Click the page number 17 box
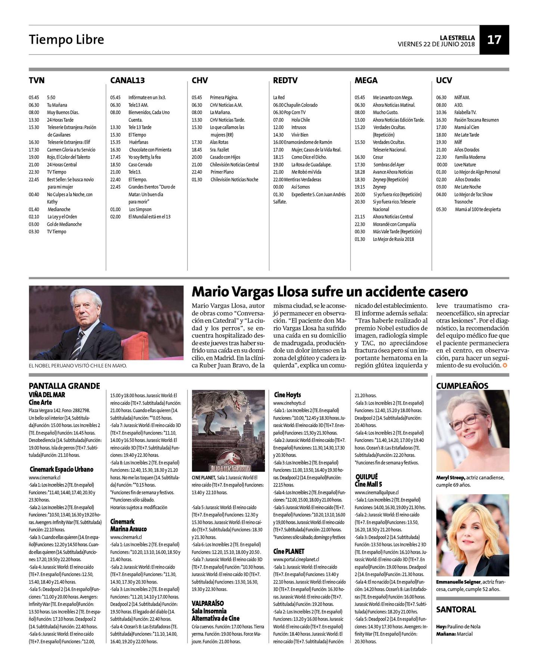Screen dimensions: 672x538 click(494, 40)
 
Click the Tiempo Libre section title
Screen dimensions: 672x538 click(67, 40)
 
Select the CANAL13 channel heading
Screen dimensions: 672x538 click(127, 80)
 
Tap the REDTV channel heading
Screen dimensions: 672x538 click(285, 80)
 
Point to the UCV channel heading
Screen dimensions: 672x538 click(444, 80)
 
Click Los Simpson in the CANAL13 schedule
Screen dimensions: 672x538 click(140, 209)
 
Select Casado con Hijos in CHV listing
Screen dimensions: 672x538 click(225, 157)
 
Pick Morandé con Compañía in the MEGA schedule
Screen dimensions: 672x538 click(394, 224)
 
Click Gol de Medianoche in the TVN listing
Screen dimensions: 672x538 click(64, 224)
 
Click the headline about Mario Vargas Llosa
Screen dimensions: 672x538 click(330, 292)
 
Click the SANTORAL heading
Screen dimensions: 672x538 click(456, 610)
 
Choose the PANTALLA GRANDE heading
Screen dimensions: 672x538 click(64, 386)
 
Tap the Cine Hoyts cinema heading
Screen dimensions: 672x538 click(287, 395)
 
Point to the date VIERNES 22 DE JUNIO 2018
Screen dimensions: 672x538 click(436, 44)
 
